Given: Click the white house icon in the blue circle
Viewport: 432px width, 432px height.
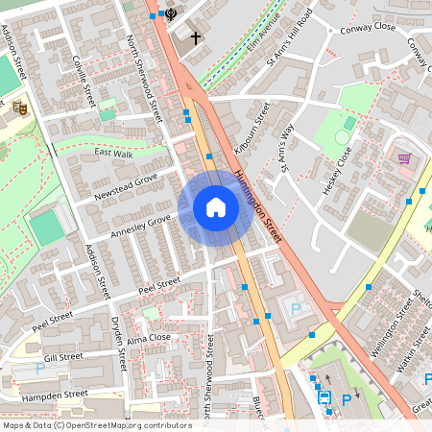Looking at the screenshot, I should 216,207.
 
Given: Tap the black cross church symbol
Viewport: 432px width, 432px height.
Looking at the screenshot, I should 196,38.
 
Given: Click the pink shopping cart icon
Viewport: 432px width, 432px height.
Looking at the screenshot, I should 404,158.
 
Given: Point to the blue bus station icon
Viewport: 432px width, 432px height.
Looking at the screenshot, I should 324,397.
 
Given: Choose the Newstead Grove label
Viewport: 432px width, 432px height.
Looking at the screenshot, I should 125,187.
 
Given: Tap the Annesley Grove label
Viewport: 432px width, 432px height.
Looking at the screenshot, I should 140,227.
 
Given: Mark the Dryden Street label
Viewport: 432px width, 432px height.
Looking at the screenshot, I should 118,344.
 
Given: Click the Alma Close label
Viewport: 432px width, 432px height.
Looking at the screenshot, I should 148,338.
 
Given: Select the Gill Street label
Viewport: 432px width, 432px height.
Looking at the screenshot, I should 64,356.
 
